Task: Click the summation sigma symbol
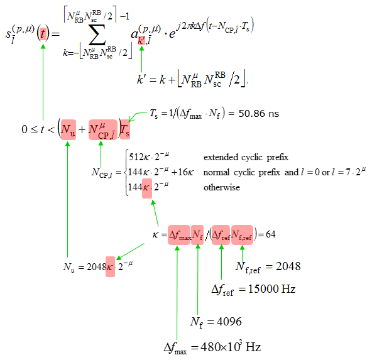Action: [97, 35]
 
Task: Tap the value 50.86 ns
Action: [259, 114]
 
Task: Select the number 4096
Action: [229, 322]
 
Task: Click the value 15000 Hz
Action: [271, 289]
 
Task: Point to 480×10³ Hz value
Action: [231, 347]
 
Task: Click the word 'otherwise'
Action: [222, 188]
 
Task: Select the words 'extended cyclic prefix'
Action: [246, 157]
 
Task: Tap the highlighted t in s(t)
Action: [43, 34]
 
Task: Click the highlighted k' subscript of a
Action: [141, 41]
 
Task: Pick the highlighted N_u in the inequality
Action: [68, 129]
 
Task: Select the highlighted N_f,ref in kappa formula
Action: [242, 235]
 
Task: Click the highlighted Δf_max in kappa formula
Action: [179, 235]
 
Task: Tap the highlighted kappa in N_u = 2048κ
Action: [110, 267]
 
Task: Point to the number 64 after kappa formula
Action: [270, 234]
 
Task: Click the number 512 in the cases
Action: [136, 157]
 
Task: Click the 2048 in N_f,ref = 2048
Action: [288, 266]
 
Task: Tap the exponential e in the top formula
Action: [172, 34]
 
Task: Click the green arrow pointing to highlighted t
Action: [43, 82]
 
